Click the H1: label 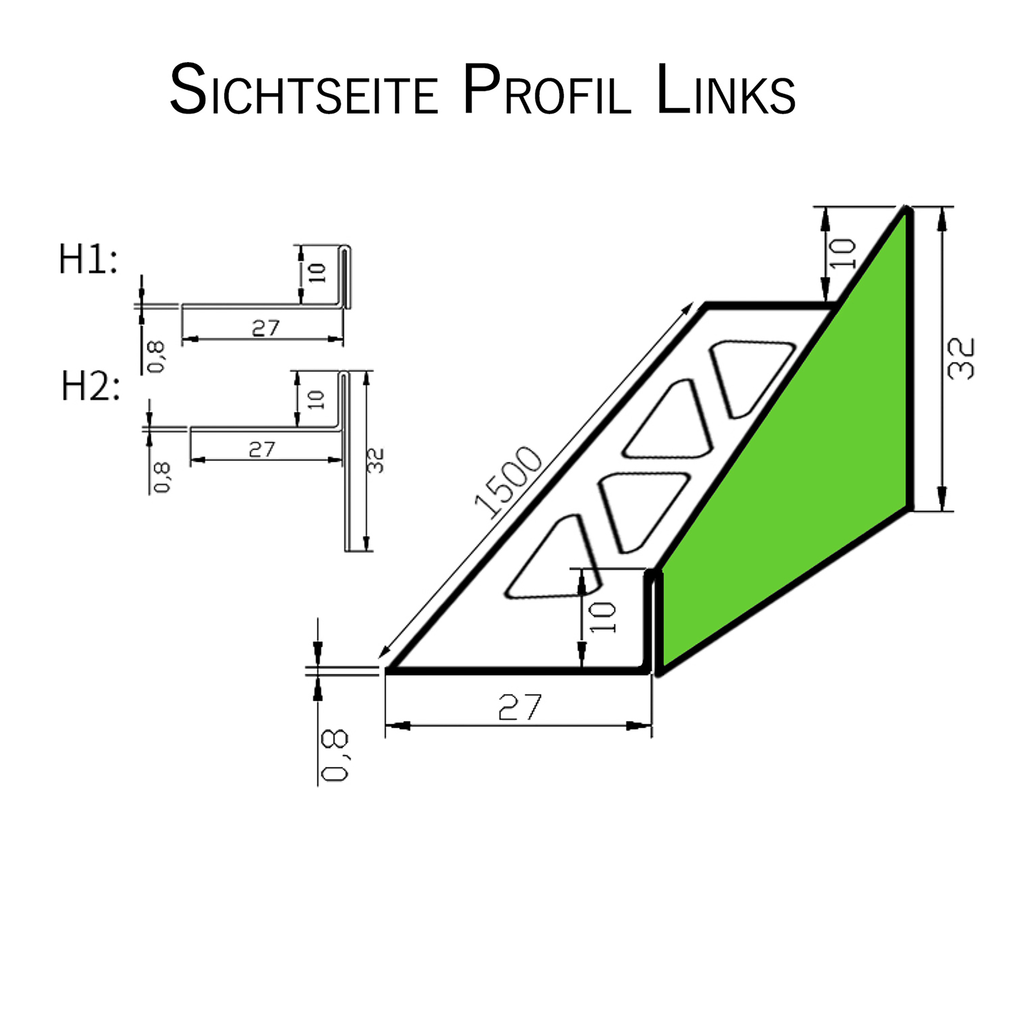(x=88, y=260)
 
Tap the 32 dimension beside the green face (x=962, y=359)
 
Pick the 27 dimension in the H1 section (x=265, y=328)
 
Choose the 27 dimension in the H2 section (x=262, y=449)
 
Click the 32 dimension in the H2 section (x=376, y=461)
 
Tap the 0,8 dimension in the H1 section (x=156, y=357)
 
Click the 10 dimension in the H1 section (x=317, y=273)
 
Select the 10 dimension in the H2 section (x=316, y=400)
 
